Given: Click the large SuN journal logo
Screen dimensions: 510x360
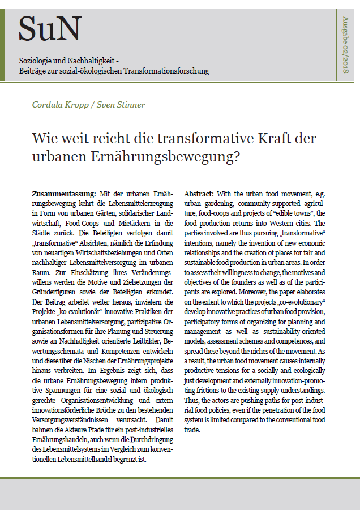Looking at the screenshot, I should point(50,28).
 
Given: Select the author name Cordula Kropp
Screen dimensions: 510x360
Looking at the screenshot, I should point(61,105).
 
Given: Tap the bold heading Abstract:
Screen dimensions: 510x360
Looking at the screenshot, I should point(199,194).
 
